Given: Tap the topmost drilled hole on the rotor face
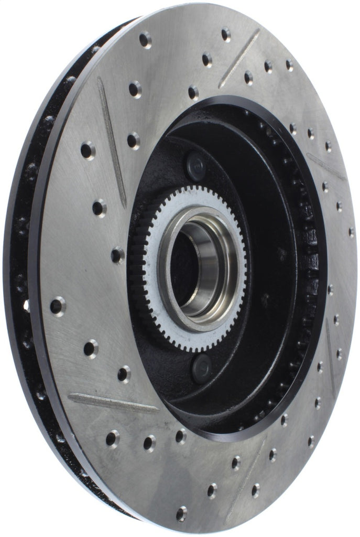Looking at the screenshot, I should click(225, 35).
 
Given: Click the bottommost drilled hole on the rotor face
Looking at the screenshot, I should click(182, 513).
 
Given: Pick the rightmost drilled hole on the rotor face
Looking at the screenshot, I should click(351, 232).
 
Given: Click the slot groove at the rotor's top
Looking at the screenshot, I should click(239, 58).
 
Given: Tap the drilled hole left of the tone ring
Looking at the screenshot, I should click(117, 255).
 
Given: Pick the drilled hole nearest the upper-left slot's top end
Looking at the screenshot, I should click(135, 89).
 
